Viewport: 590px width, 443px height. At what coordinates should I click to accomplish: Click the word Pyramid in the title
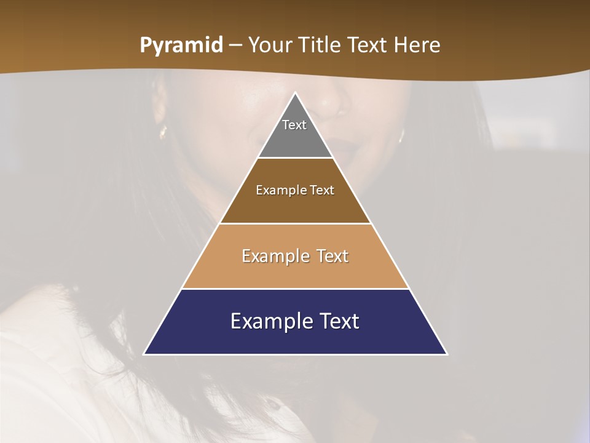point(181,46)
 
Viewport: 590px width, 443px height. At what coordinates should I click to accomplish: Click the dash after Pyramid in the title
point(235,46)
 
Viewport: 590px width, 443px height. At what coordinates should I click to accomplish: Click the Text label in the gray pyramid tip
point(294,125)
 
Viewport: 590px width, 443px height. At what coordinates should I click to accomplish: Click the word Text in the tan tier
point(332,256)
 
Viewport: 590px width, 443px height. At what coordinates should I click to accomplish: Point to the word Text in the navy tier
point(337,321)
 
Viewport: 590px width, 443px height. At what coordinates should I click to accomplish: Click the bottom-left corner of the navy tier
point(144,354)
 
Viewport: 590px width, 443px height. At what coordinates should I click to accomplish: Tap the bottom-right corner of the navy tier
point(447,354)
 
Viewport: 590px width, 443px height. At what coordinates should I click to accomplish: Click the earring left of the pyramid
point(163,132)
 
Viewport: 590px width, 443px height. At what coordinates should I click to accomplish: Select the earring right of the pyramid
point(401,135)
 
